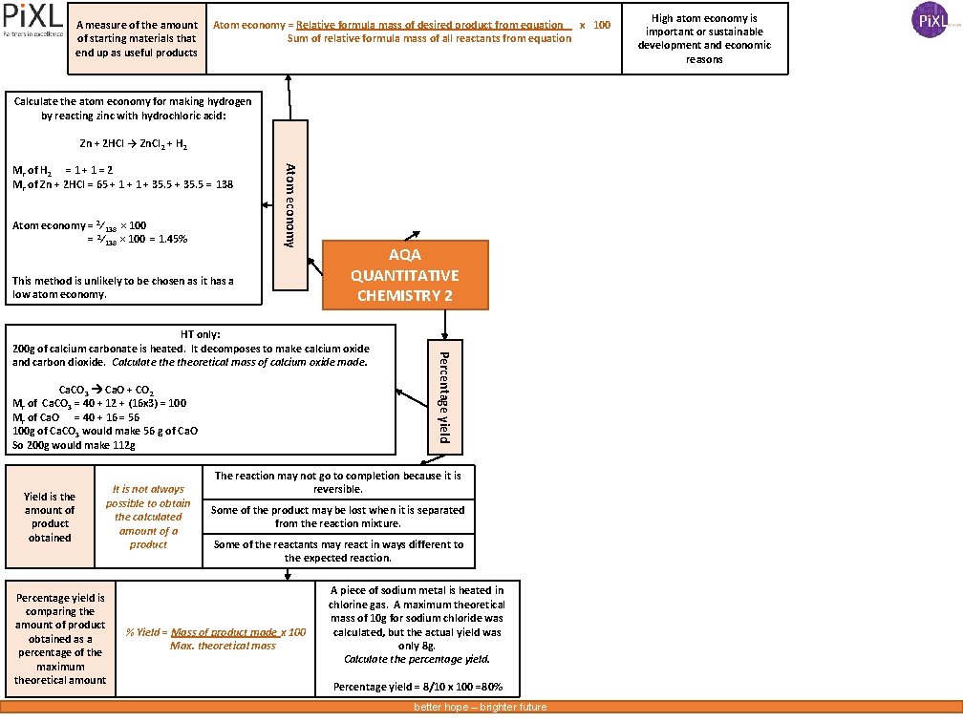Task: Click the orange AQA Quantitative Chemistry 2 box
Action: pos(405,275)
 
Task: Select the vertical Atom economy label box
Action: pos(291,204)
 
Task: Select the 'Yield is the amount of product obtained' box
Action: pos(50,517)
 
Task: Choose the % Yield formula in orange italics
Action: pos(216,639)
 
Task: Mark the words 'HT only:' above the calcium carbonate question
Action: pos(201,335)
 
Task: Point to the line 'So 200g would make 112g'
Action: pos(75,445)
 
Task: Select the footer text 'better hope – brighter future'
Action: pos(480,708)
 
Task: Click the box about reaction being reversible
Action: pos(337,482)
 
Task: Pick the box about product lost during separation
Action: pos(337,517)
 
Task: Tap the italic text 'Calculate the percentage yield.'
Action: pos(417,660)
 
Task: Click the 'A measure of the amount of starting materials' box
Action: pos(137,38)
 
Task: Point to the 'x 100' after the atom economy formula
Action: pos(595,25)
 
